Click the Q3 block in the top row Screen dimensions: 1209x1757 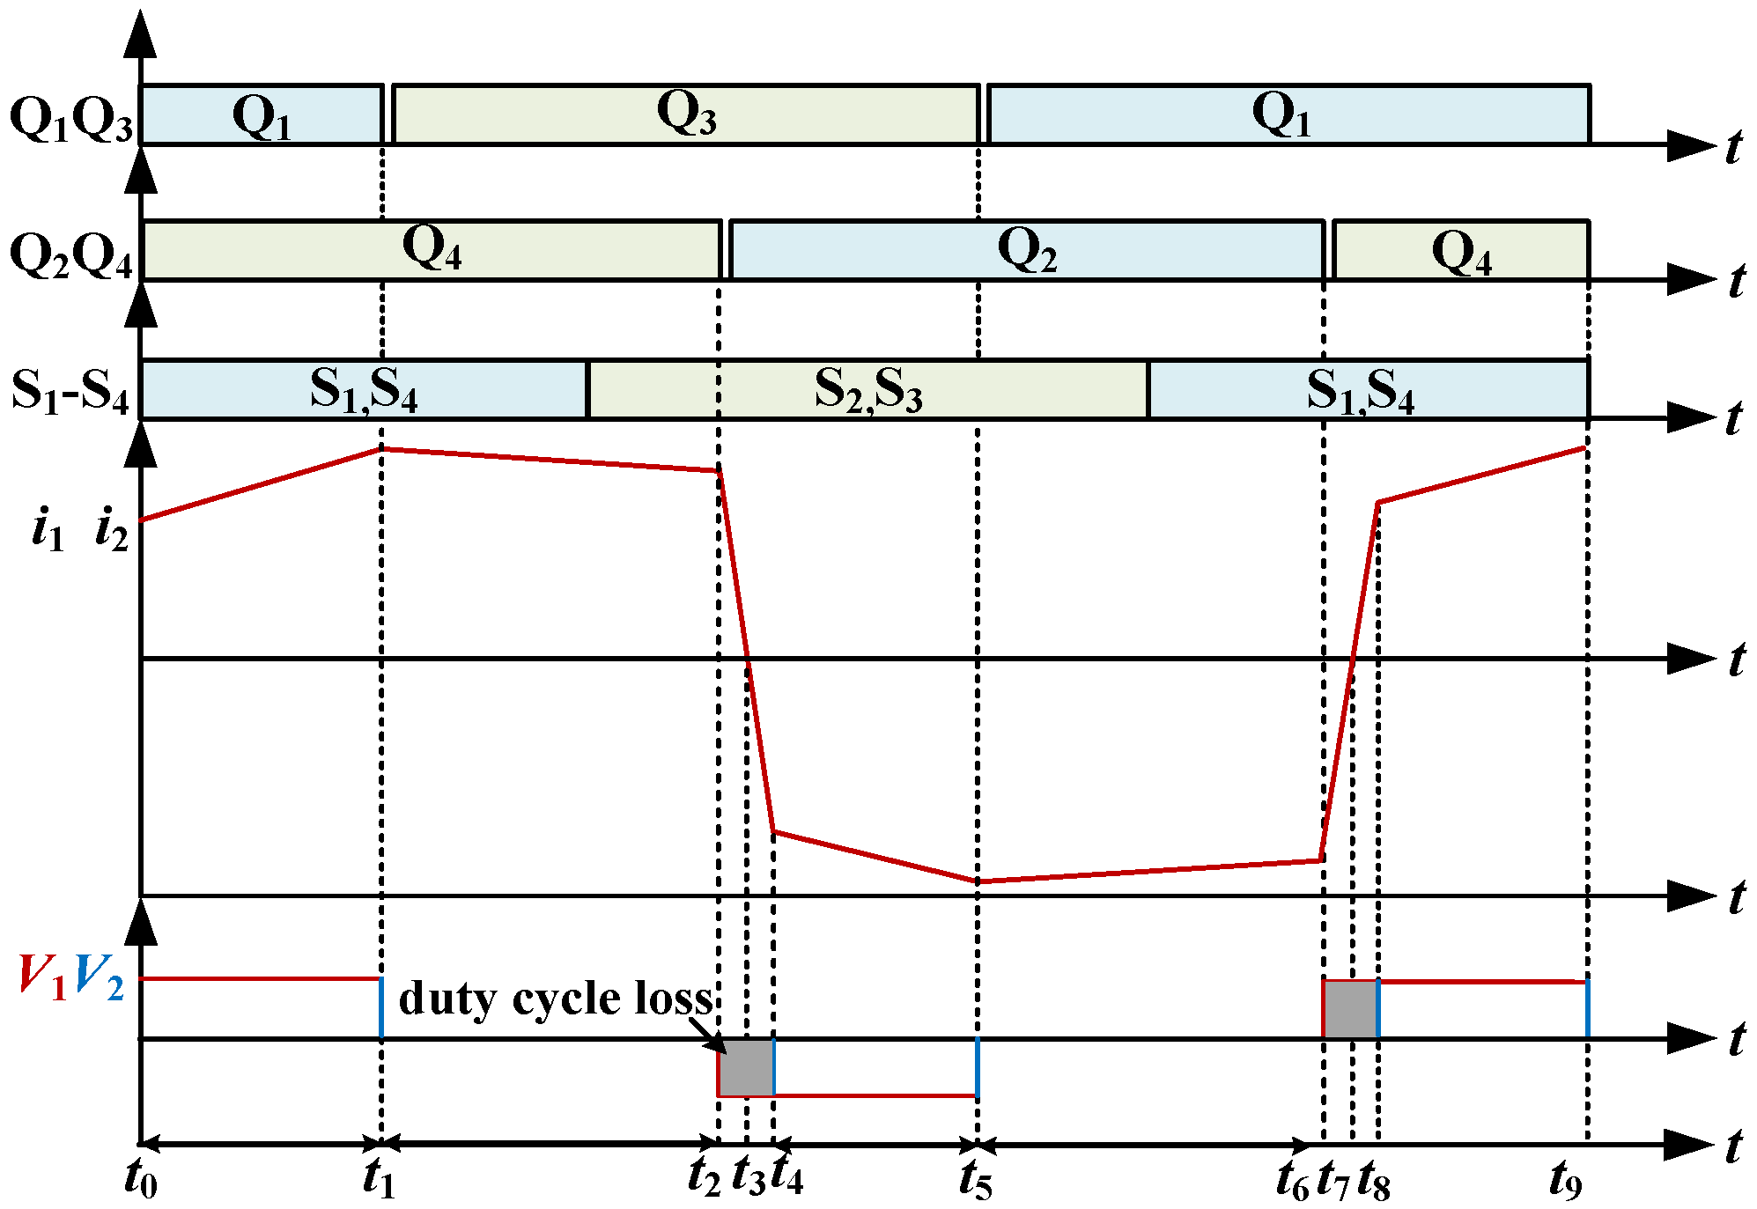tap(686, 114)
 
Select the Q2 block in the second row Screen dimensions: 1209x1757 tap(1026, 250)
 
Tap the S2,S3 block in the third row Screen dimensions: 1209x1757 tap(867, 389)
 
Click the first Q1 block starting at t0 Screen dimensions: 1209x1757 tap(262, 114)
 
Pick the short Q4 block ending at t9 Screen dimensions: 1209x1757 tap(1461, 251)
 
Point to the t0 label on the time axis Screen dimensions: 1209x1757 tap(141, 1178)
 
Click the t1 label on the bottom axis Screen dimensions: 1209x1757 tap(379, 1178)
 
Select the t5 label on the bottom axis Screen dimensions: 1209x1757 tap(976, 1180)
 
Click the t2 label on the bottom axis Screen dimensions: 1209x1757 tap(704, 1176)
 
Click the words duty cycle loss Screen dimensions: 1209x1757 tap(555, 999)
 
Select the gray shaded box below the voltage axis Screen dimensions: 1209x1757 tap(746, 1067)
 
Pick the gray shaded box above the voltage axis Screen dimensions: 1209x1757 tap(1350, 1009)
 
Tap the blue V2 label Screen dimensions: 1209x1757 tap(100, 977)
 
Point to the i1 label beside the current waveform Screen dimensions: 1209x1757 tap(48, 530)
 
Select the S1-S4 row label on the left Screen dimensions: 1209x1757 tap(70, 390)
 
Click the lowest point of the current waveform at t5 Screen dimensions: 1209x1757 tap(978, 881)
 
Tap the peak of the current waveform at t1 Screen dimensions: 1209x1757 tap(381, 449)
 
